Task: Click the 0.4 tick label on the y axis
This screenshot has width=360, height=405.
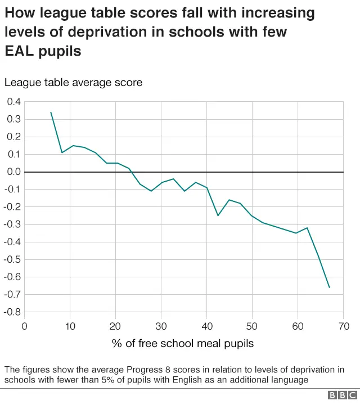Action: [13, 102]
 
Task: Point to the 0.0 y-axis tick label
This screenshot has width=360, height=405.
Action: [13, 172]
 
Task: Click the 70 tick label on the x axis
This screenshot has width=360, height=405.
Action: [344, 326]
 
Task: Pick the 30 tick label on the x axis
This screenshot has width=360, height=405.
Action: [161, 326]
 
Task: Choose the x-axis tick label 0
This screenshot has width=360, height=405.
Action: [24, 326]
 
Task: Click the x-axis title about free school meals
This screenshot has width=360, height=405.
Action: [183, 343]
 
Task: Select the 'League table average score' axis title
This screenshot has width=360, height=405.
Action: [73, 83]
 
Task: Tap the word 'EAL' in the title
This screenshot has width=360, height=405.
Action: [21, 51]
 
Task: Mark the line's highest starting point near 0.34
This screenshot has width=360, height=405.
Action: [51, 112]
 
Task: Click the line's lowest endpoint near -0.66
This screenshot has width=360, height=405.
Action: [329, 287]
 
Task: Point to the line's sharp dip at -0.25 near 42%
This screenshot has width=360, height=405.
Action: [218, 215]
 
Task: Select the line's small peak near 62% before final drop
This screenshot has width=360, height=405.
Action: [307, 228]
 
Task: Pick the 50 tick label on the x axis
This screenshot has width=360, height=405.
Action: [253, 326]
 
